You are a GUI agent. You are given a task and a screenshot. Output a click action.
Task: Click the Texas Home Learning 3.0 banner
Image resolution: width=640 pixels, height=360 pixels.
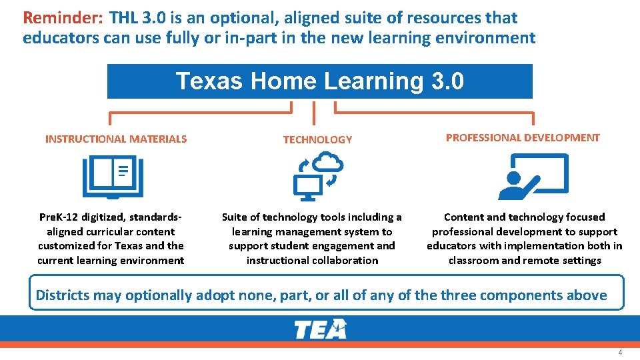[x=320, y=81]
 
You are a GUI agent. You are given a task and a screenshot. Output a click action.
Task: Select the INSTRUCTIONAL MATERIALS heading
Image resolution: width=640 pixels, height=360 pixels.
[x=116, y=139]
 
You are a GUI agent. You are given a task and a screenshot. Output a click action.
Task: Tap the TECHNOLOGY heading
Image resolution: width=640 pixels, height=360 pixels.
[x=317, y=140]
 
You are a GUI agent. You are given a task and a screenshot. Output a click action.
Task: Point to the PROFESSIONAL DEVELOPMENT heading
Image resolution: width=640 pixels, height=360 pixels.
[x=523, y=138]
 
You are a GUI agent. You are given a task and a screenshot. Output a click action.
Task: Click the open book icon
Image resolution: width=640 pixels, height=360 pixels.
[x=113, y=177]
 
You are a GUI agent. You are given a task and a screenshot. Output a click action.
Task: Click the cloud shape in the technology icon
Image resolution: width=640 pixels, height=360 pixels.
[x=327, y=162]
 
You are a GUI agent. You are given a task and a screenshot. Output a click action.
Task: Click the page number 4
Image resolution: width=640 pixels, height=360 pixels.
[x=619, y=352]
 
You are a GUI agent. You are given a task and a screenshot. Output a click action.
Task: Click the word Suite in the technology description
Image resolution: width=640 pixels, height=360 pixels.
[x=235, y=217]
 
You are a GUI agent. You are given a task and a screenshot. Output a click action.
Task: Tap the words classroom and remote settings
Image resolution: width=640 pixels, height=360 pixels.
[x=525, y=261]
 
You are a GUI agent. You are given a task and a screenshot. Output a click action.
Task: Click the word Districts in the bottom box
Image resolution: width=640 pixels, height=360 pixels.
[x=65, y=295]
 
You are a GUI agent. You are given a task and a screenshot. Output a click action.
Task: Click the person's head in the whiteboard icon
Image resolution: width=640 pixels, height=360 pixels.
[x=514, y=178]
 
